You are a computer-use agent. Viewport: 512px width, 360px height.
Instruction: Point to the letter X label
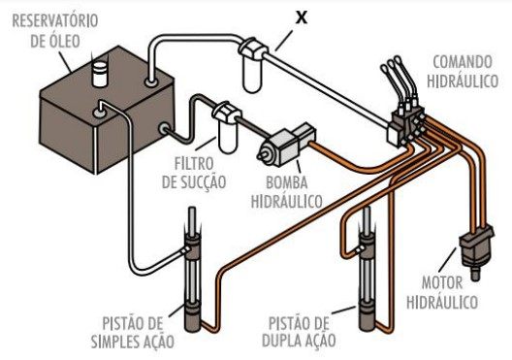pos(302,17)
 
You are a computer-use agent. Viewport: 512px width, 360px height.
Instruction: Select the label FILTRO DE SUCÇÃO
pos(201,174)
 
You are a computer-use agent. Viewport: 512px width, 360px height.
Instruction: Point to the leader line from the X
pos(288,36)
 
